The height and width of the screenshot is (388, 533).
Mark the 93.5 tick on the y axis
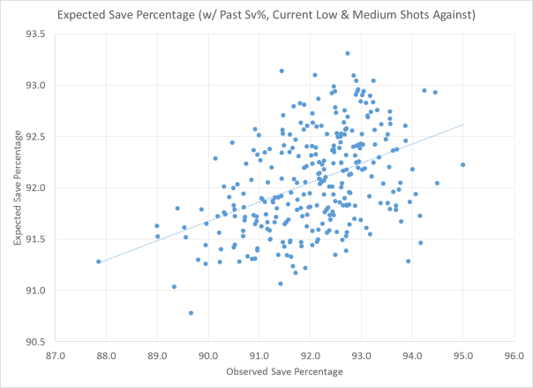(x=37, y=34)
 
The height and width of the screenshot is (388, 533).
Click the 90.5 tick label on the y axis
(x=37, y=341)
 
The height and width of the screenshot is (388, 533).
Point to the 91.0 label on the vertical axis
(x=37, y=290)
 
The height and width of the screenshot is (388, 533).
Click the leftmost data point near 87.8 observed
(x=99, y=262)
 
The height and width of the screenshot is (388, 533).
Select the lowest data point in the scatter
(x=191, y=313)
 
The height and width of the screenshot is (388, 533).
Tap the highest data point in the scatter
(x=348, y=53)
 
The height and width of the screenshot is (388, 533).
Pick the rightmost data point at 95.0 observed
(x=463, y=164)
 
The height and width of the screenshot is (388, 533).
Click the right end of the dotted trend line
(x=463, y=125)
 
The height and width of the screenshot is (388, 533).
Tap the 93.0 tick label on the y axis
(x=37, y=86)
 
